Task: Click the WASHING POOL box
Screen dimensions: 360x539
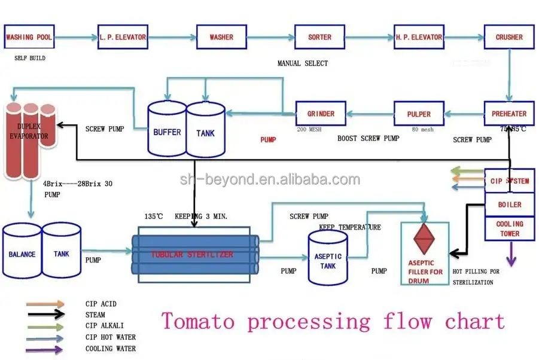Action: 28,37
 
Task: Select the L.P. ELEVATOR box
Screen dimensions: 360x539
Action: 123,37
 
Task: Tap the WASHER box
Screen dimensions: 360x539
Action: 221,37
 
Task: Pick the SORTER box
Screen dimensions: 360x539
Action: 319,37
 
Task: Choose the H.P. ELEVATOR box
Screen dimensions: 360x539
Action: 419,37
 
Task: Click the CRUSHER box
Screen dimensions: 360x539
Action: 509,37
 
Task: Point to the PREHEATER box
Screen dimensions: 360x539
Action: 509,114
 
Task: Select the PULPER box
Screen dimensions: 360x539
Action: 419,114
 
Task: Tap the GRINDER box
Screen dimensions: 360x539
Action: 321,114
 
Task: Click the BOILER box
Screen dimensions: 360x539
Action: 510,205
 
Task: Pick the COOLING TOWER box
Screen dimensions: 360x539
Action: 510,228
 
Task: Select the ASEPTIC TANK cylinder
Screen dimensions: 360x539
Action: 327,258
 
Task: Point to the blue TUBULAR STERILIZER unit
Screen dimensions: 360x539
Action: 195,254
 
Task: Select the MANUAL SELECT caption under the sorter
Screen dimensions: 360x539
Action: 303,63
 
